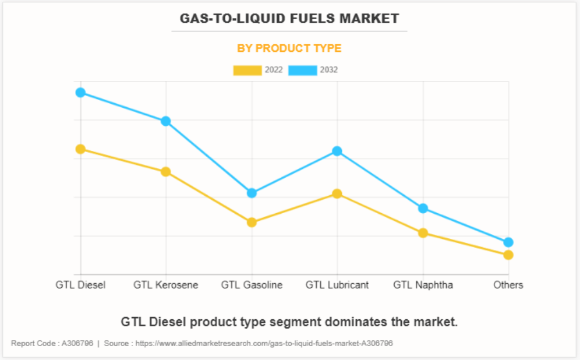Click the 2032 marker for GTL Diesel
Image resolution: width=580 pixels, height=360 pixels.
(x=80, y=93)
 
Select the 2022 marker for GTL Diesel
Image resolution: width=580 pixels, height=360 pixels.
(x=80, y=149)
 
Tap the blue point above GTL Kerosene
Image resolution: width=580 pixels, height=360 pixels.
(x=166, y=121)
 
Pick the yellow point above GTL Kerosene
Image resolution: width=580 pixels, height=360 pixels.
(x=166, y=172)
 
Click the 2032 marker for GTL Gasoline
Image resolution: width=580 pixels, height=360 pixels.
(x=252, y=193)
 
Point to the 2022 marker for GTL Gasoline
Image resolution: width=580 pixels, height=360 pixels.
(x=252, y=223)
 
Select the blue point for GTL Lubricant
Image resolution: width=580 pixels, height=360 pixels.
(x=337, y=151)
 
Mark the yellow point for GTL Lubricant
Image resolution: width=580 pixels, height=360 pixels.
(x=337, y=193)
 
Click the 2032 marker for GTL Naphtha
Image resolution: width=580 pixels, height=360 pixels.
(x=423, y=209)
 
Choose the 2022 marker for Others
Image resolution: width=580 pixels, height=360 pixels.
(x=508, y=255)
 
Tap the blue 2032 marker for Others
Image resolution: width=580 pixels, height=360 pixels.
(x=508, y=242)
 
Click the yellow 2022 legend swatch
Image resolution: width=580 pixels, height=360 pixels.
(x=247, y=70)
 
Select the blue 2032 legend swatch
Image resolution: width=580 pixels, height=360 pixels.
(x=302, y=70)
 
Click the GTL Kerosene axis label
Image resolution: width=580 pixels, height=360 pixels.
(x=166, y=285)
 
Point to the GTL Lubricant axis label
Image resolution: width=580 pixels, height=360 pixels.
(x=337, y=285)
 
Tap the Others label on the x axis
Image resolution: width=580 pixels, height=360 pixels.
(x=508, y=285)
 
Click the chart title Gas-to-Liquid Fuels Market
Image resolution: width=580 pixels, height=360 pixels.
(x=289, y=18)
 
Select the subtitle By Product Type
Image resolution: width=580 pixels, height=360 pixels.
(x=289, y=48)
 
